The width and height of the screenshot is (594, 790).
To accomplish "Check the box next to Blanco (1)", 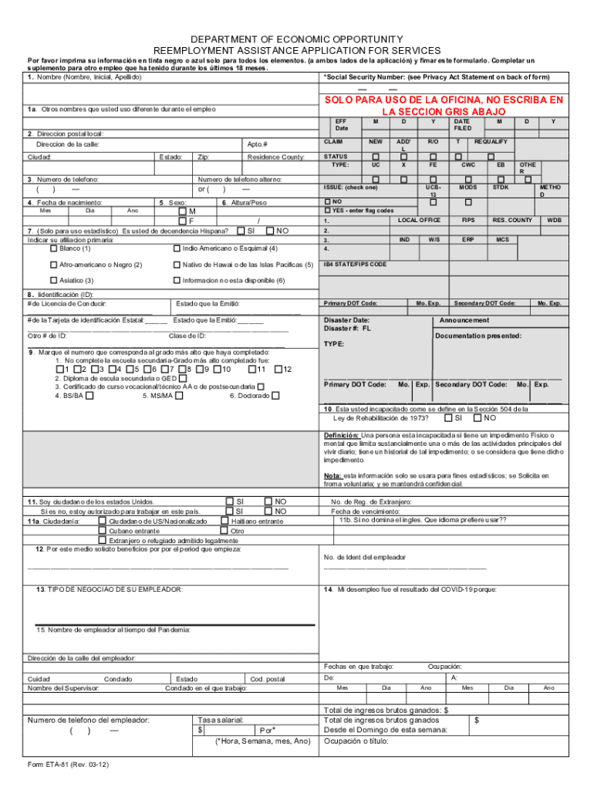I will tap(53, 248).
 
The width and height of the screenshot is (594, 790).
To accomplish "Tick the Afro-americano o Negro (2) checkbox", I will tap(53, 265).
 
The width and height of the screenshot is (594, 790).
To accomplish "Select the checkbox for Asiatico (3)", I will tap(53, 280).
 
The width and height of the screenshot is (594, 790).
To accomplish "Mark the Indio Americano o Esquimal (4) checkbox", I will tap(177, 248).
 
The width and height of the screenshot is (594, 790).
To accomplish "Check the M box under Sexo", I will tap(182, 211).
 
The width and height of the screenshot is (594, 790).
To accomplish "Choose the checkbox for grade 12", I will tap(278, 369).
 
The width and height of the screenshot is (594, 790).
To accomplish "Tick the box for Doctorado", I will tap(271, 396).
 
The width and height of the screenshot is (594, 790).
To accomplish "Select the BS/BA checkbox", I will tap(90, 396).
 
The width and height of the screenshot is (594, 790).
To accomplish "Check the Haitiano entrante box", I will tap(224, 521).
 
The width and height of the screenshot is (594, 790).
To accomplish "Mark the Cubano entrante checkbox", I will tap(103, 531).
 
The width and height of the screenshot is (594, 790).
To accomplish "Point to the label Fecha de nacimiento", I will tap(58, 202).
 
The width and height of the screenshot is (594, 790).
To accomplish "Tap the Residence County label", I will tap(275, 157).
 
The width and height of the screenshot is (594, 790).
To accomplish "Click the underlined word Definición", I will tap(341, 435).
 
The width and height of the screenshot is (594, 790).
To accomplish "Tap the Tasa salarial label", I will tap(221, 719).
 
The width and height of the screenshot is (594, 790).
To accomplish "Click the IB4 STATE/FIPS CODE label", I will tap(356, 264).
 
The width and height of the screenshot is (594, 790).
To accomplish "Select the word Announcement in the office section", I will tap(464, 320).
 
